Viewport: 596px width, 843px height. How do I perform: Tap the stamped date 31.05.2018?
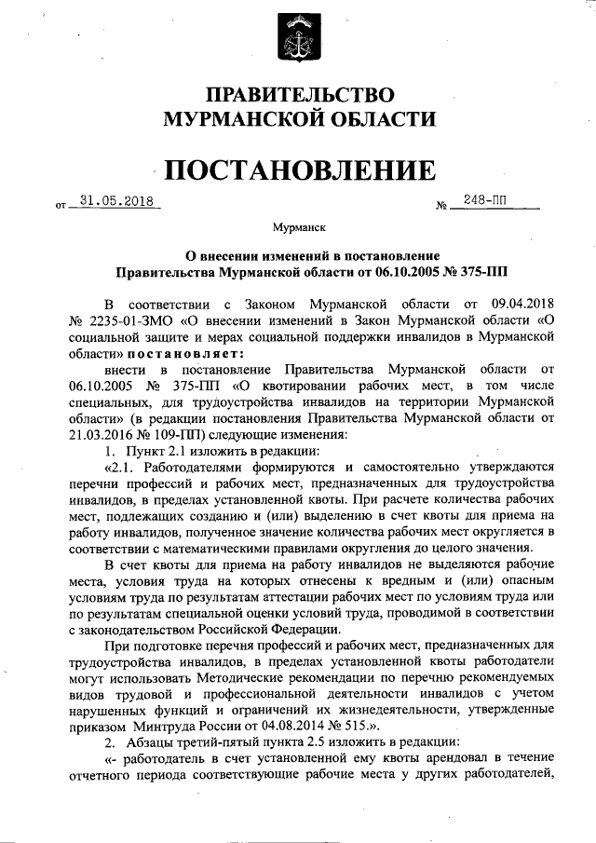(115, 199)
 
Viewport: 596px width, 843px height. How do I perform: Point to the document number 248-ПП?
(483, 199)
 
